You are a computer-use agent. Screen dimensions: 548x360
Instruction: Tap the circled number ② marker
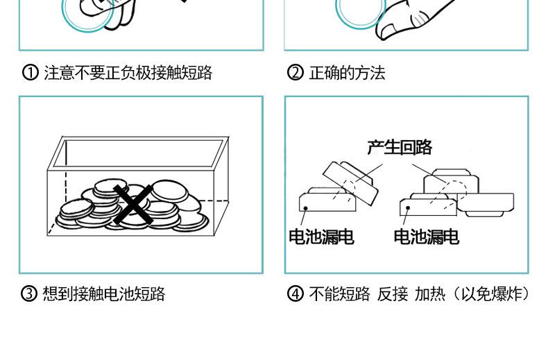[295, 73]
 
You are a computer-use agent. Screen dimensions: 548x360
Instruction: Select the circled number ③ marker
[29, 293]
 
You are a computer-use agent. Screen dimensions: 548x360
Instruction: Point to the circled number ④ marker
[295, 293]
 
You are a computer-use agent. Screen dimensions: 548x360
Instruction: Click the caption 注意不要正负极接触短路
[128, 73]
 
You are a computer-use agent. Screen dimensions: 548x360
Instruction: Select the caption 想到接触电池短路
[103, 293]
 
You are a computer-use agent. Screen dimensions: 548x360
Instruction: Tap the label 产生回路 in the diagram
[400, 147]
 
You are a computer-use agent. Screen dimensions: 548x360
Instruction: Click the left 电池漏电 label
[321, 237]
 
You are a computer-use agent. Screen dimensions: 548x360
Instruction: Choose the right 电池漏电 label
[426, 237]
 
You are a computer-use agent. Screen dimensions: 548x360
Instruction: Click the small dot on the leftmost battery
[306, 206]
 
